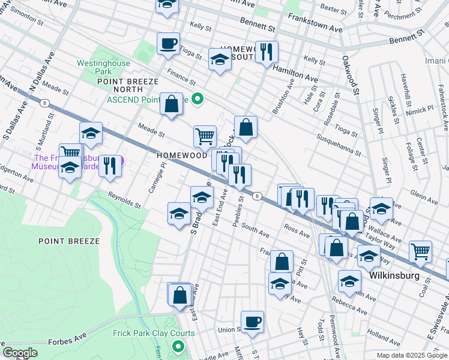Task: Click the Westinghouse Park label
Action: [x=100, y=67]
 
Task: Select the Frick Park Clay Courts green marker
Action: [x=178, y=346]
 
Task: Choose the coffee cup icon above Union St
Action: [x=252, y=321]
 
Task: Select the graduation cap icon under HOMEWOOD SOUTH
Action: [x=220, y=59]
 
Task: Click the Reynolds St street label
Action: [x=124, y=200]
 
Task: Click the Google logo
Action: [x=20, y=353]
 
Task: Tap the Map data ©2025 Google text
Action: [x=411, y=355]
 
